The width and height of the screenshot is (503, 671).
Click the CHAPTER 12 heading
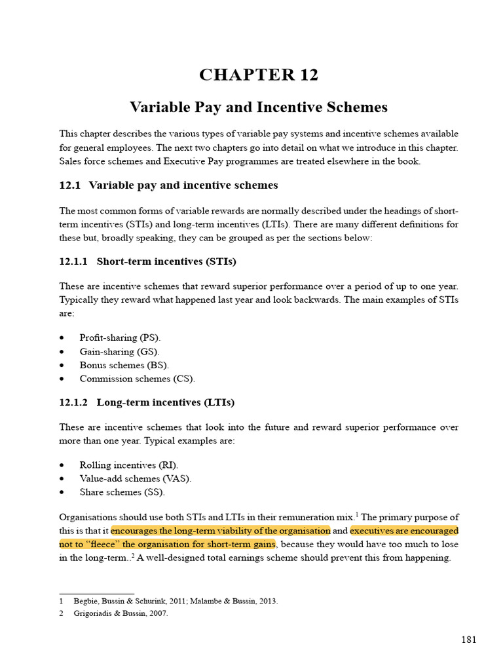(x=259, y=75)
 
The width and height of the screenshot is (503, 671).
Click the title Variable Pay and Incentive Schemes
(x=259, y=107)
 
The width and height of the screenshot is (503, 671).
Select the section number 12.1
(x=69, y=185)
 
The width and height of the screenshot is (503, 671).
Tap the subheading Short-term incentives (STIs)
(x=166, y=261)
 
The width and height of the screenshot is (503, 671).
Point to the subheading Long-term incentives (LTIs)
(x=165, y=402)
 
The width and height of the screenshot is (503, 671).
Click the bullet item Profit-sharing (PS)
(x=120, y=337)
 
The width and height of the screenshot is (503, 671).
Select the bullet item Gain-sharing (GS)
(x=119, y=351)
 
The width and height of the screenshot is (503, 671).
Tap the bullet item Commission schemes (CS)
(x=137, y=379)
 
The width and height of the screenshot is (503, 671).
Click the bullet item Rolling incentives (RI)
(x=121, y=465)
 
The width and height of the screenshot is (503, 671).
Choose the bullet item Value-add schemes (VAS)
(x=136, y=478)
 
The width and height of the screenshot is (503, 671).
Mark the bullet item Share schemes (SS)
(x=122, y=492)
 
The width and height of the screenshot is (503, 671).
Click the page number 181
(x=468, y=640)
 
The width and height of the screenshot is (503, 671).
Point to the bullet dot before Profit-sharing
(x=62, y=338)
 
